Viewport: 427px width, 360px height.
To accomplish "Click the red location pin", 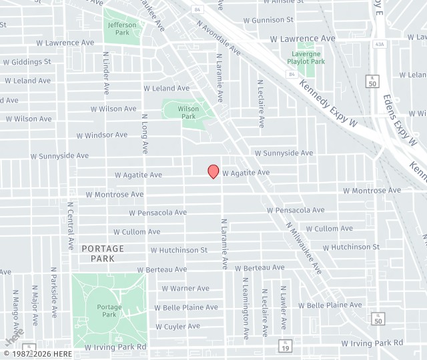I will (213, 171).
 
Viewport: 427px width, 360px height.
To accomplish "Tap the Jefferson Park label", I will (122, 29).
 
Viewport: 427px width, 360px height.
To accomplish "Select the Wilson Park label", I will (188, 112).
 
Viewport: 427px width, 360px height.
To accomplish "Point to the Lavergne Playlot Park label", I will (306, 57).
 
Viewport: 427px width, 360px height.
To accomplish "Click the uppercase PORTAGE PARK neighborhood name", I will (103, 253).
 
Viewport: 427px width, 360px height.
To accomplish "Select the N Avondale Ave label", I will (219, 37).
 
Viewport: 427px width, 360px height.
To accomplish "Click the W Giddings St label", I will (27, 62).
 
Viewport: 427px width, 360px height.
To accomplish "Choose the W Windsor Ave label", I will (101, 135).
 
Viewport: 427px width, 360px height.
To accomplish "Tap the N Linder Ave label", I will (106, 73).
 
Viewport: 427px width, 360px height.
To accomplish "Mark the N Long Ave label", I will (144, 133).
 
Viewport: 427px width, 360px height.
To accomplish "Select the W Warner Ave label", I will (185, 289).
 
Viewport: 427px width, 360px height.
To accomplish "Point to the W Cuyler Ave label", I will (177, 326).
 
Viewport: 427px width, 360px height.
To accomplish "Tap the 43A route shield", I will (380, 44).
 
